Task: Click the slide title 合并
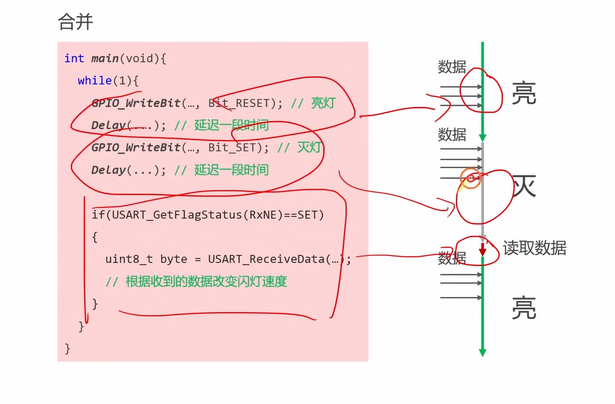[x=76, y=22]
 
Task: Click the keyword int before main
[x=74, y=58]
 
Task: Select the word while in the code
[x=94, y=80]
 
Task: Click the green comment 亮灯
[x=323, y=103]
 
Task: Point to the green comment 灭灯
[x=309, y=148]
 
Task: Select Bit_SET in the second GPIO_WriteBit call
[x=232, y=148]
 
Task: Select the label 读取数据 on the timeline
[x=535, y=249]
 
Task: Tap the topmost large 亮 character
[x=524, y=94]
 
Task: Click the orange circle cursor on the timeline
[x=471, y=178]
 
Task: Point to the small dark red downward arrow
[x=483, y=249]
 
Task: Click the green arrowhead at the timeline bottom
[x=483, y=352]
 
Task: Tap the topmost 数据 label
[x=452, y=67]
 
